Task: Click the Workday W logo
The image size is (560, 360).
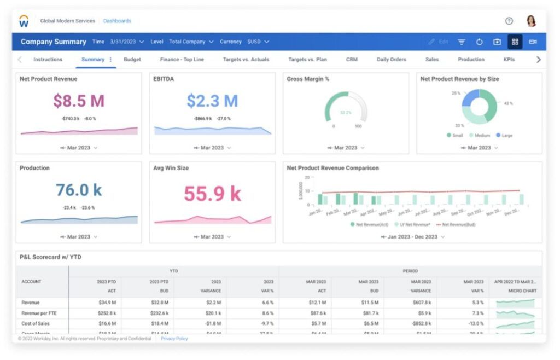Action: click(24, 21)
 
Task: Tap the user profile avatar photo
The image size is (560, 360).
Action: click(531, 21)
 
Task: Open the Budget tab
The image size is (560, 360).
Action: click(132, 60)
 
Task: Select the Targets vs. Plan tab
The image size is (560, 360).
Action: click(307, 60)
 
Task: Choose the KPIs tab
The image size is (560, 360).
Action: click(509, 60)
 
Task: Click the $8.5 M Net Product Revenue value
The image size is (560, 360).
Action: click(79, 101)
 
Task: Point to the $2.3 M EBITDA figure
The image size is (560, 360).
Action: click(212, 101)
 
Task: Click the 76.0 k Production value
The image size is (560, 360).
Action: click(79, 190)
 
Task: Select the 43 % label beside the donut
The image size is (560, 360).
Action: click(508, 103)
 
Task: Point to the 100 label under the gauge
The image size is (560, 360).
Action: click(358, 126)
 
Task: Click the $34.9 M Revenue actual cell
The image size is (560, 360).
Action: click(106, 303)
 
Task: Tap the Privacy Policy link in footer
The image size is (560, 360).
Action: click(174, 339)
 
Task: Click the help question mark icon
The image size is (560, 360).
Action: click(509, 21)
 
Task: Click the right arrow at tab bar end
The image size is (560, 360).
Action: click(538, 60)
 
